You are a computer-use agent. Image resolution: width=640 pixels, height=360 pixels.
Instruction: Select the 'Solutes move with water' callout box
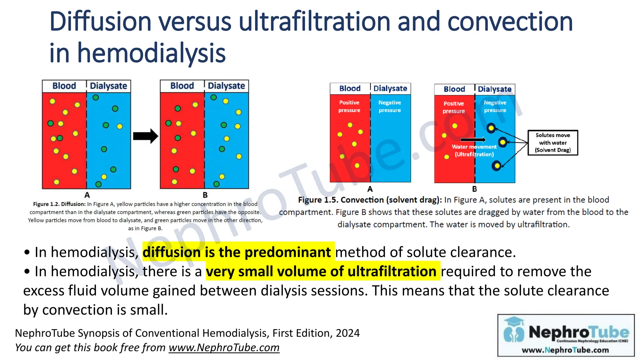point(552,143)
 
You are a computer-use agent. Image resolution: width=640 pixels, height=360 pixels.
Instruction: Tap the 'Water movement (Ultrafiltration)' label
point(474,151)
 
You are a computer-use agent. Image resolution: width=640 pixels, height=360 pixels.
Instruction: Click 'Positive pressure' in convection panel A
point(349,106)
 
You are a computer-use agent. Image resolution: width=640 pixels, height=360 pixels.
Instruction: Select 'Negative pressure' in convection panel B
point(495,106)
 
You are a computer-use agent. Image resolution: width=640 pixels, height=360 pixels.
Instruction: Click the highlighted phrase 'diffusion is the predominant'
point(237,252)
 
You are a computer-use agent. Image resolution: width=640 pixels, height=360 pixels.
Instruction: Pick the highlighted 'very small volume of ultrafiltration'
point(321,271)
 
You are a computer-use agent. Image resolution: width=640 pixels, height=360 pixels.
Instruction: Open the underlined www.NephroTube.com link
point(224,347)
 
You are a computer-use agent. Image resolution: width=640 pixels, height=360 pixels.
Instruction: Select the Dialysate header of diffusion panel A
point(108,86)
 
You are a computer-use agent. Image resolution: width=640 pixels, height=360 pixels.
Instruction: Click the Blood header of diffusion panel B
point(182,86)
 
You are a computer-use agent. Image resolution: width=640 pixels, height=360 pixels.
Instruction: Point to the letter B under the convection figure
point(474,189)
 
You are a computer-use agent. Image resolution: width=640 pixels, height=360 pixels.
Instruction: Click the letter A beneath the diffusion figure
point(87,195)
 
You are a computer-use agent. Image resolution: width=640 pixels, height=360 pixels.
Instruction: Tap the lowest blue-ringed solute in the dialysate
point(496,166)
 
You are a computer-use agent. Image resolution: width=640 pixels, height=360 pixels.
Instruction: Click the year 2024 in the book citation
point(347,333)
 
